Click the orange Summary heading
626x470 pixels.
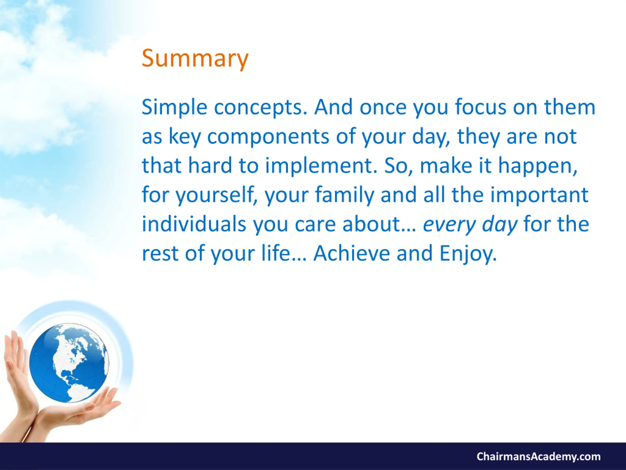(195, 59)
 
